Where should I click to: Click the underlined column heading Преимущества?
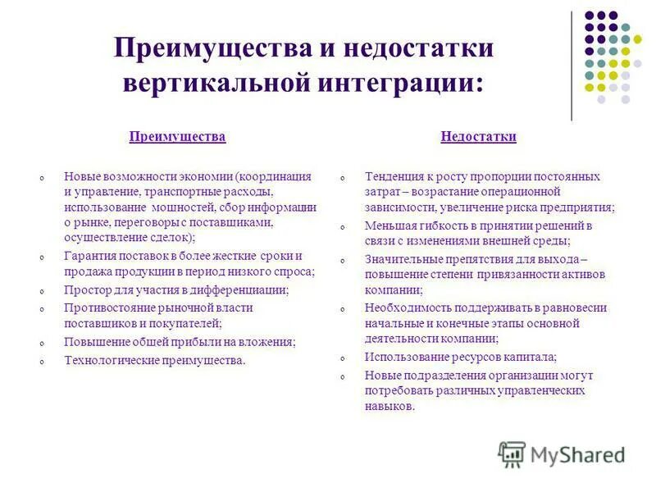click(177, 137)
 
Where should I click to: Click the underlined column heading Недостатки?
click(478, 137)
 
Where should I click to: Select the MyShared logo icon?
click(512, 454)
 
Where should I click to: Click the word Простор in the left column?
click(86, 290)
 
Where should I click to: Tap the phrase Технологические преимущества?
click(154, 359)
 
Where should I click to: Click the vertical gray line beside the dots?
click(572, 66)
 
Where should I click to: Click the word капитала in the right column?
click(530, 357)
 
